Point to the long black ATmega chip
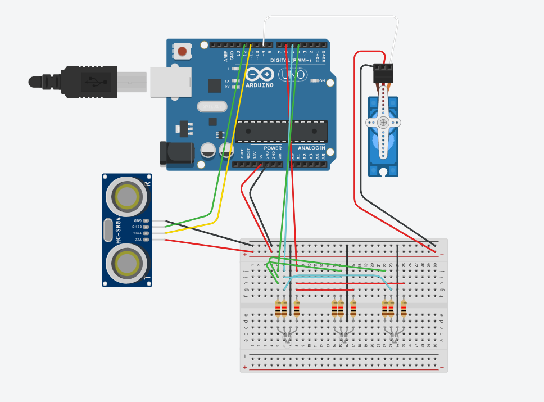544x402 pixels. pos(281,131)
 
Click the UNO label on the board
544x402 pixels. pos(293,74)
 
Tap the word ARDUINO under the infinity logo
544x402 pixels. pos(259,85)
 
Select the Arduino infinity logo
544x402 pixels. pos(260,74)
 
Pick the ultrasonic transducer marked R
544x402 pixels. pos(127,196)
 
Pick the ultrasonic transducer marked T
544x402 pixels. pos(127,263)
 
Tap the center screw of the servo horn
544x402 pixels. pos(383,122)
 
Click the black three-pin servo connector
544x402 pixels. pos(384,73)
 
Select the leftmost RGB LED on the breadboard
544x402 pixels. pos(287,334)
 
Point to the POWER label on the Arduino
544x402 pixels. pos(273,148)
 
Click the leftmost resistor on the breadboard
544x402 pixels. pos(278,308)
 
